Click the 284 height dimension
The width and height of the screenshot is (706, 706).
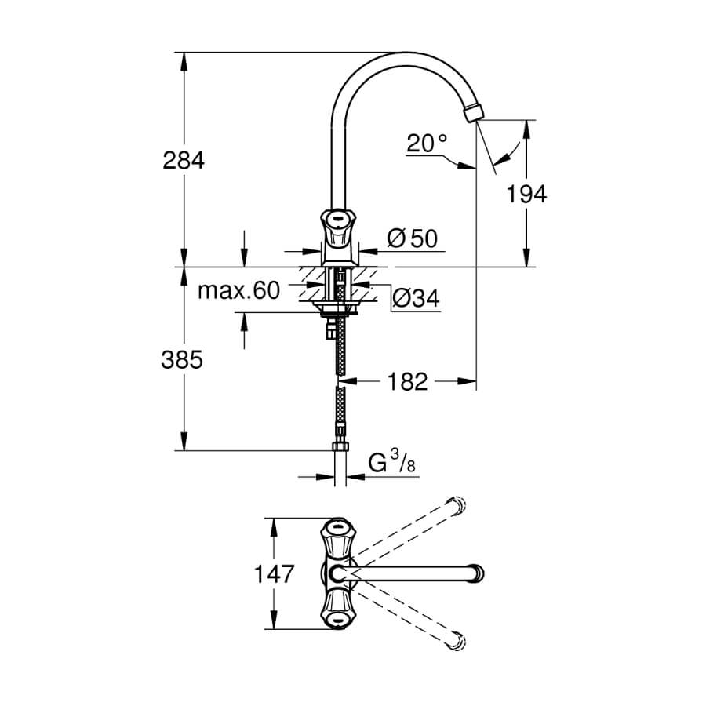point(184,160)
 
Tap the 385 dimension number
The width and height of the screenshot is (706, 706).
point(182,360)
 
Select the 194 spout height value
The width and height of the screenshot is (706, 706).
point(526,194)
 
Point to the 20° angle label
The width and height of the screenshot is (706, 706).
point(427,144)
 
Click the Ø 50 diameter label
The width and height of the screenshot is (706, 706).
point(413,238)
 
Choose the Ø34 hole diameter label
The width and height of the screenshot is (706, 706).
point(416,297)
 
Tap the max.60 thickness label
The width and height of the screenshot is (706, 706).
point(238,290)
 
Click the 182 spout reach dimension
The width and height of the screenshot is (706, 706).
point(407,382)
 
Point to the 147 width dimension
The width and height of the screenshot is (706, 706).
point(275,573)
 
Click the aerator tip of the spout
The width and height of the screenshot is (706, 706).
point(472,112)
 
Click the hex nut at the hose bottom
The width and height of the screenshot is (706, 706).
point(340,446)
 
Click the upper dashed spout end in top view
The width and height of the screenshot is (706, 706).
point(455,505)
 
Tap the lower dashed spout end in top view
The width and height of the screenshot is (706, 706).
point(455,641)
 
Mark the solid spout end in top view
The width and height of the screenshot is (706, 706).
point(476,573)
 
